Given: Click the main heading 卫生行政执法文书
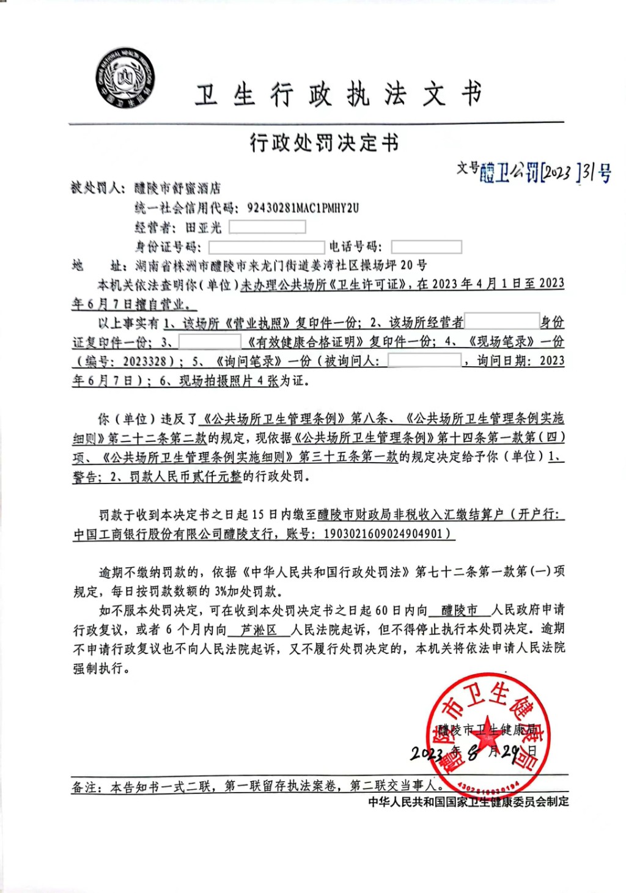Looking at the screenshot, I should [338, 95].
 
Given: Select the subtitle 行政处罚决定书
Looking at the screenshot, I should [324, 143].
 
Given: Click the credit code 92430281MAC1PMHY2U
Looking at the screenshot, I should [303, 208].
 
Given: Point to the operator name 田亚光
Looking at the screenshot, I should [203, 228].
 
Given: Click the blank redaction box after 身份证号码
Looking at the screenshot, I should [266, 247].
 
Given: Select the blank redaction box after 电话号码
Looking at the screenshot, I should [426, 247].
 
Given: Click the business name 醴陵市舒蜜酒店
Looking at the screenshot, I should [177, 188].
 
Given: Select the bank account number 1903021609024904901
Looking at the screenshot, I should [382, 534].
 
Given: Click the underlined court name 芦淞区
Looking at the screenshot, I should [258, 630].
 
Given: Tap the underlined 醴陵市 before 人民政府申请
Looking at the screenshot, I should [459, 610].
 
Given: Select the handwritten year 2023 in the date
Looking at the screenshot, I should [426, 753].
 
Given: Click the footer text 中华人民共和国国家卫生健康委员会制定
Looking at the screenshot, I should [468, 801].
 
